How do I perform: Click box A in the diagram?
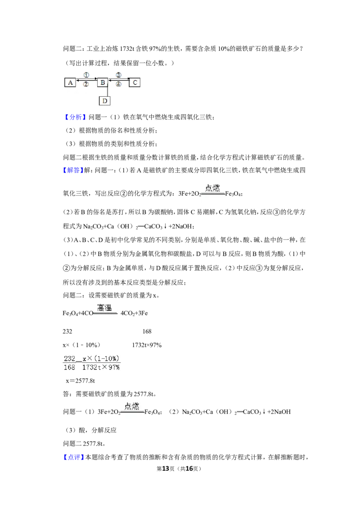pos(70,82)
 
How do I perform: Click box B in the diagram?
pos(103,82)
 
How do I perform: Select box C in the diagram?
pos(135,82)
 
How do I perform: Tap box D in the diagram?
pos(104,101)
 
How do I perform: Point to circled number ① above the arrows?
pos(86,75)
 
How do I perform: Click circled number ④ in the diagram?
pos(118,84)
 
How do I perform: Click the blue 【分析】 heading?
pos(74,117)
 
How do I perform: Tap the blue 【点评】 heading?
pos(73,457)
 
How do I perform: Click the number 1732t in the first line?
pos(127,49)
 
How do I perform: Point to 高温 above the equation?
pos(104,308)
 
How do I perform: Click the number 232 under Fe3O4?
pos(67,331)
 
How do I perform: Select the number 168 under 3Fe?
pos(147,331)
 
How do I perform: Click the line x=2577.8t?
pos(80,381)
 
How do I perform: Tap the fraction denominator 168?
pos(69,367)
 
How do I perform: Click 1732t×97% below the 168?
pos(147,345)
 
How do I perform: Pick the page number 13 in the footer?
pos(166,469)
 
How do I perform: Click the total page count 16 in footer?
pos(189,469)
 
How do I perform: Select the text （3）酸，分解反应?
pos(91,430)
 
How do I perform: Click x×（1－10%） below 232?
pos(81,345)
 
